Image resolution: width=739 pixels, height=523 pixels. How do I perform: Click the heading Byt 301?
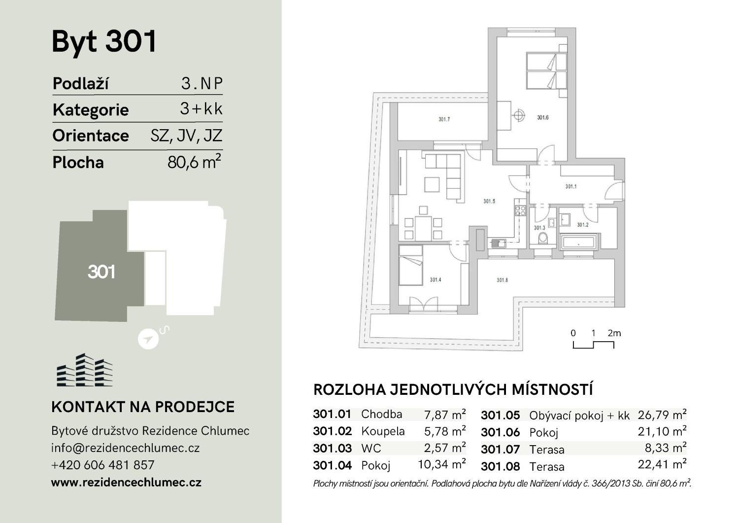pos(104,41)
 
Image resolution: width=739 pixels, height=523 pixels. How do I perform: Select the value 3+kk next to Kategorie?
pos(201,109)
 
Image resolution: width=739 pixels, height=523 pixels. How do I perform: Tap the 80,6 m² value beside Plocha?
pos(194,162)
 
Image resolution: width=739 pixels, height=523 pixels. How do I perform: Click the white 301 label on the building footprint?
pos(101,272)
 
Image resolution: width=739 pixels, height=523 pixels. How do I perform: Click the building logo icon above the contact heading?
pos(84,370)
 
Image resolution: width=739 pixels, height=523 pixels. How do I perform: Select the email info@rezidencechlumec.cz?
pos(125,448)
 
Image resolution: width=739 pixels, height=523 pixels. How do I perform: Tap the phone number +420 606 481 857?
pos(102,465)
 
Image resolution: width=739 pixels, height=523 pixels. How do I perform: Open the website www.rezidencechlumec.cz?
pos(126,483)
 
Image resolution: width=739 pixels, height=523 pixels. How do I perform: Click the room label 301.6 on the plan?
pos(542,117)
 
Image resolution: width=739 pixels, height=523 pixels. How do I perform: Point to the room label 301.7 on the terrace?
pos(443,119)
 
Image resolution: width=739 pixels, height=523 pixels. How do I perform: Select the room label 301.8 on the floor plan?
pos(502,280)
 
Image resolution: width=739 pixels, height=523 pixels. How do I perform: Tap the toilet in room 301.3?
pos(543,239)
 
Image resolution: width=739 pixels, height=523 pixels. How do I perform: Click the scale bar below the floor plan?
pos(593,345)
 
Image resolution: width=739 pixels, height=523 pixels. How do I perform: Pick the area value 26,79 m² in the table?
pos(662,415)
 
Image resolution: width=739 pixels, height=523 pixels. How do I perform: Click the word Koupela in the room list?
pos(383,431)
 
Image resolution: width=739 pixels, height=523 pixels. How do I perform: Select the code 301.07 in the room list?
pos(500,450)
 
